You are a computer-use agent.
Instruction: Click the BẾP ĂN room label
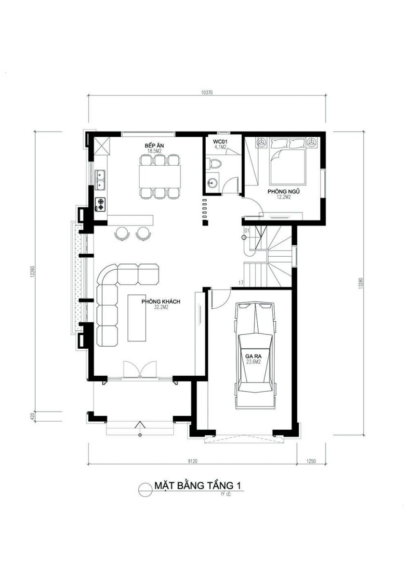click(154, 145)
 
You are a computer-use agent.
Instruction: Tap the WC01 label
click(220, 142)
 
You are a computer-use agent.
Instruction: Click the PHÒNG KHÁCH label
click(160, 302)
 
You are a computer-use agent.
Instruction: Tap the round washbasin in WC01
click(212, 183)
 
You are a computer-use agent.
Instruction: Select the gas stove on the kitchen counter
click(101, 204)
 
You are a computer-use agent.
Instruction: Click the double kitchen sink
click(101, 180)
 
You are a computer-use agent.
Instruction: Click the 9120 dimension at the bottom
click(193, 461)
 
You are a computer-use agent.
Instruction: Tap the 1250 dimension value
click(311, 461)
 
